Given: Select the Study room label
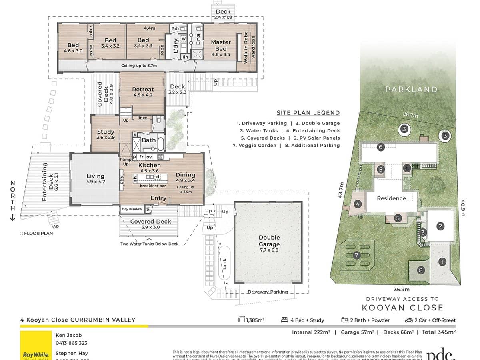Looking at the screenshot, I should (106, 134).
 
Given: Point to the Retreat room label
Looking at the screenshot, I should (143, 92).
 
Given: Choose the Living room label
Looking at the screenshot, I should (95, 179).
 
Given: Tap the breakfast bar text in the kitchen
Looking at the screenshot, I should (152, 186).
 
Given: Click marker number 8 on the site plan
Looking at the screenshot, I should (420, 270).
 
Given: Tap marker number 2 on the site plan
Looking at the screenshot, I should (440, 226).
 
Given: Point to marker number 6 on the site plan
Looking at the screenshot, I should (380, 148).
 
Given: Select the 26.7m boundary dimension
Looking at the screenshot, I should (410, 115).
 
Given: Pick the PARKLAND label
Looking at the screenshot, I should (411, 90).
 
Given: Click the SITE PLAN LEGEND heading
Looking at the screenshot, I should (308, 113).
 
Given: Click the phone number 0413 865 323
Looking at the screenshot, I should (72, 343).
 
